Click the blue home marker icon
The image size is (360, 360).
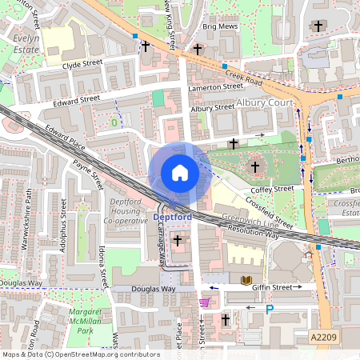click(x=179, y=173)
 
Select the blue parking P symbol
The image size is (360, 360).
click(x=270, y=309)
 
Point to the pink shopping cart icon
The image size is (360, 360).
click(x=205, y=302)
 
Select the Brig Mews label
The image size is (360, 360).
click(x=221, y=26)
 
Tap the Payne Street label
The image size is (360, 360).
click(x=88, y=174)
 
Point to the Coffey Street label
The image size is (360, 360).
click(x=273, y=189)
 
